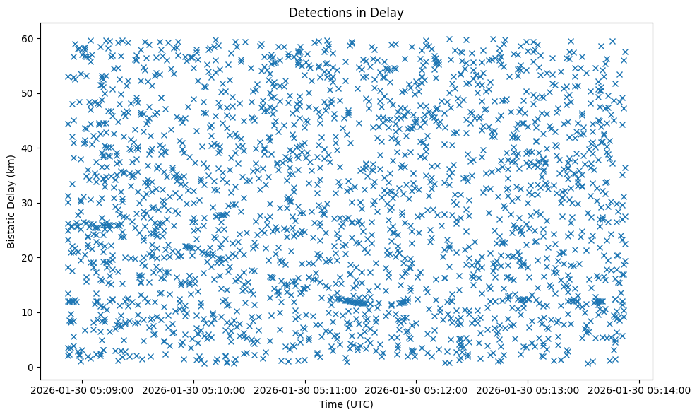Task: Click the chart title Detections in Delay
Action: click(347, 12)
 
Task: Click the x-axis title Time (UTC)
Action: click(347, 404)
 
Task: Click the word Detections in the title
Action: click(321, 12)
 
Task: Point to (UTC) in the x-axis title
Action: click(359, 404)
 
